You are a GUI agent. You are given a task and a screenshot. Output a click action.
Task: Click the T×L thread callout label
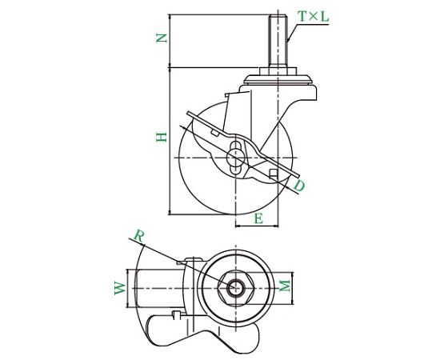tap(314, 17)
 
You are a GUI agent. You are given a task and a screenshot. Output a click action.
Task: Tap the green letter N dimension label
tap(162, 38)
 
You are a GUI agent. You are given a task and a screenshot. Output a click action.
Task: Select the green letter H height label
tap(162, 137)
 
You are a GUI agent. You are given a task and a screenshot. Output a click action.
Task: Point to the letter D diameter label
tap(299, 186)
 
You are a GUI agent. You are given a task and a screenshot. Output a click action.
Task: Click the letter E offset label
tap(258, 219)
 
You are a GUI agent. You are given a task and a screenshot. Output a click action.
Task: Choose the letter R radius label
tap(139, 236)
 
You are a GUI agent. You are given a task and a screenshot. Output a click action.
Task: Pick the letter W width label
tap(120, 288)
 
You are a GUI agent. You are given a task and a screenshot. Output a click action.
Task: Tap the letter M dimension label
tap(285, 286)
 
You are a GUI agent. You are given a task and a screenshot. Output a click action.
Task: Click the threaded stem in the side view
tap(278, 41)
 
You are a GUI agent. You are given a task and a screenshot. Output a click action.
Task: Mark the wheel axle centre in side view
tap(236, 158)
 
